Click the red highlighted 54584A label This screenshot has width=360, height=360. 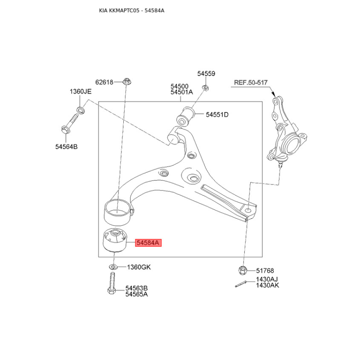148,243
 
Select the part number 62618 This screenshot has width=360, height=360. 104,82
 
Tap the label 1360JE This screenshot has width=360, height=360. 81,92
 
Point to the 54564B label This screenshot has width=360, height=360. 66,147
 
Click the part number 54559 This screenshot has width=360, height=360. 206,74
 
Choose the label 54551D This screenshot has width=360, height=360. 217,115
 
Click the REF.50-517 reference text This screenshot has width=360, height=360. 251,82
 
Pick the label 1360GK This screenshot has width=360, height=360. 139,267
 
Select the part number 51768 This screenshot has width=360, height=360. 265,271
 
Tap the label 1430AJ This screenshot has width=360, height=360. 267,279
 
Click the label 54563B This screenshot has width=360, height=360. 136,288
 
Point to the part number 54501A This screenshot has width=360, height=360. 182,92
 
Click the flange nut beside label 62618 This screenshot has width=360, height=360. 126,81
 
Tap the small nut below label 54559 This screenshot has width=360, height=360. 205,87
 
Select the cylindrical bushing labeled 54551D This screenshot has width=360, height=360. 185,117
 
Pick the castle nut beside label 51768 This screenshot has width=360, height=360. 243,270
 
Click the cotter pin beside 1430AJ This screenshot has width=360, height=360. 241,284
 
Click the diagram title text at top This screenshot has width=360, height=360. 131,10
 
